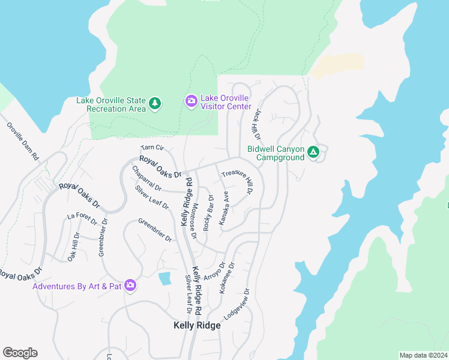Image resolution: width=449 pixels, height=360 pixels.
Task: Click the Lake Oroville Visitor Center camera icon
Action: point(191,100)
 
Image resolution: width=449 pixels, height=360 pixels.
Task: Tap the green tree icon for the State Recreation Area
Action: point(155,104)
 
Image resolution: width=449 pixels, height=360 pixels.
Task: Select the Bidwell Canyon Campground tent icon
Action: point(313,152)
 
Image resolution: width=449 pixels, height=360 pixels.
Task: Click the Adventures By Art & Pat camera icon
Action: point(130,286)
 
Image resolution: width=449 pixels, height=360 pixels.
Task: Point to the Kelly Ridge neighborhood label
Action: point(197,325)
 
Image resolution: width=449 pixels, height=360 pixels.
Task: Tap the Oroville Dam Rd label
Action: point(23,142)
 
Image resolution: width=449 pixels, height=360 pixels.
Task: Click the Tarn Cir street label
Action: point(152,147)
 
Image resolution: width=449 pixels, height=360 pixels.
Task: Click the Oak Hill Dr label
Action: point(73,247)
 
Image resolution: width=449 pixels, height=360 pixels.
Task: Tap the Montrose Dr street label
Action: point(193,221)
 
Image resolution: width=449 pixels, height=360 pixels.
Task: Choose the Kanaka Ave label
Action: point(224,208)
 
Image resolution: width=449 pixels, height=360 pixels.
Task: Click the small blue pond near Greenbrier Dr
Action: point(164,278)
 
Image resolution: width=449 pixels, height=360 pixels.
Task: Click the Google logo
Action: point(20,353)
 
